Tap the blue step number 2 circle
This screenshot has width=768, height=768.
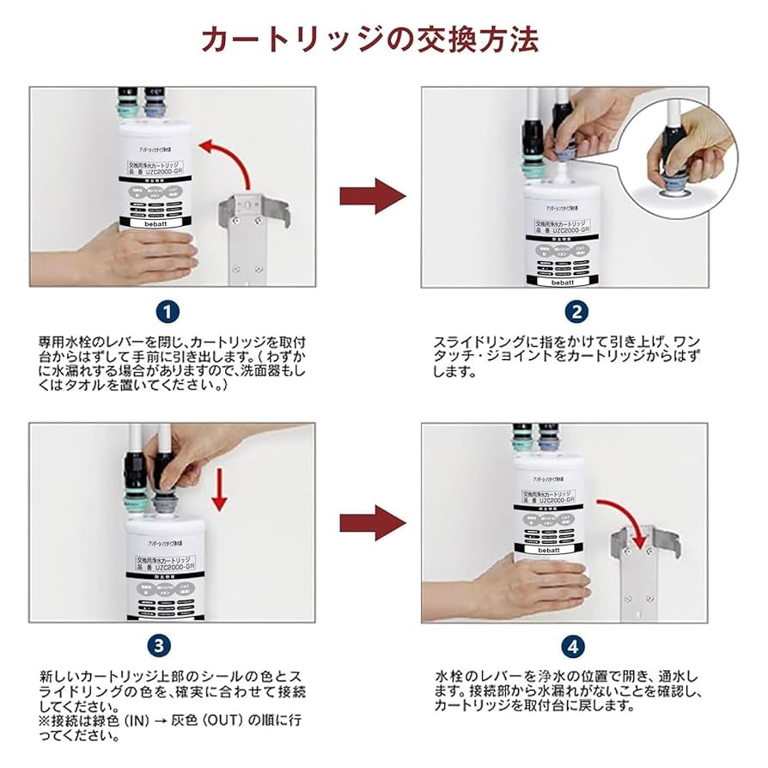[x=576, y=312]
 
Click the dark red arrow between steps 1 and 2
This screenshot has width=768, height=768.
[x=372, y=196]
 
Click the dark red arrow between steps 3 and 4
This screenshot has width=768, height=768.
[x=372, y=523]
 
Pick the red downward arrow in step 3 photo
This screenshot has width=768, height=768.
[x=221, y=489]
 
